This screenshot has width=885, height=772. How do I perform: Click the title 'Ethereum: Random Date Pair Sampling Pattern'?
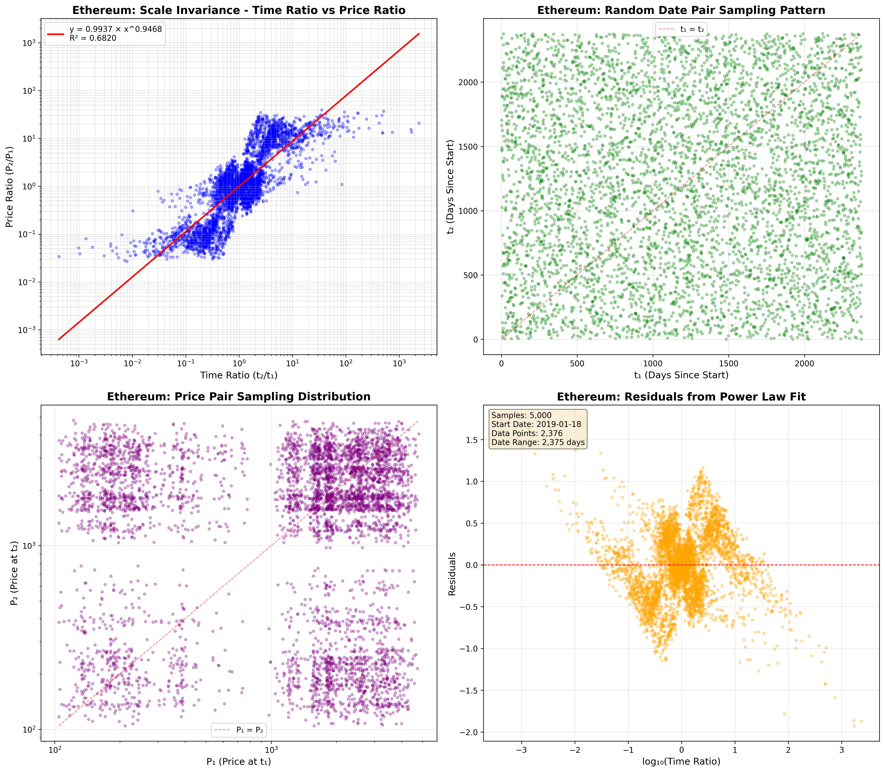coord(681,10)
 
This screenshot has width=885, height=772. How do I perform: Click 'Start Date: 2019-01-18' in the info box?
coord(536,424)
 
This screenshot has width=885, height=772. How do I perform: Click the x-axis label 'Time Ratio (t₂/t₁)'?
coord(239,375)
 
